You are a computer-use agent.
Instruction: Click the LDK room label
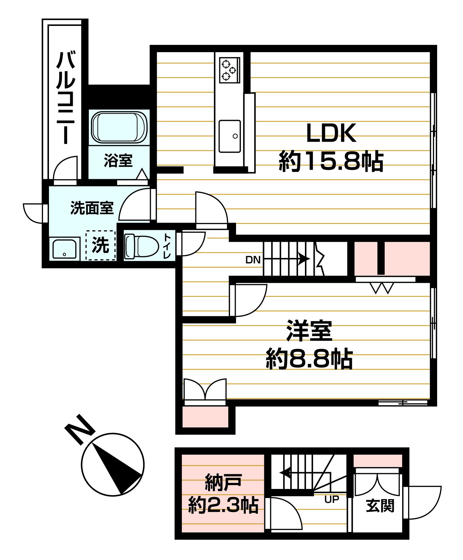coord(331,133)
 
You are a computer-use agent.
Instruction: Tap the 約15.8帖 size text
coord(331,161)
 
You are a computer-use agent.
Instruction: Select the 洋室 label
coord(309,331)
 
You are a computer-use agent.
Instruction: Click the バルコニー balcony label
coord(66,98)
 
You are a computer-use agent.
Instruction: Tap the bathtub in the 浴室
coord(119,127)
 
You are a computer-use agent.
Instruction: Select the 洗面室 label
coord(92,208)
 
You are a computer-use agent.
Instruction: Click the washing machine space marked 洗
coord(101,245)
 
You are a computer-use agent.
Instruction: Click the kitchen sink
coord(230,136)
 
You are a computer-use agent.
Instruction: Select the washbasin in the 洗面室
coord(64,249)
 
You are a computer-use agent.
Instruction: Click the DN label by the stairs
coord(253,260)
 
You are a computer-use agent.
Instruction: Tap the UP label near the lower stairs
coord(332,499)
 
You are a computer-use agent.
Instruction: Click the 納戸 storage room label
coord(223,483)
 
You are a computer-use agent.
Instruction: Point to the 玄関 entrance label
coord(380,506)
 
